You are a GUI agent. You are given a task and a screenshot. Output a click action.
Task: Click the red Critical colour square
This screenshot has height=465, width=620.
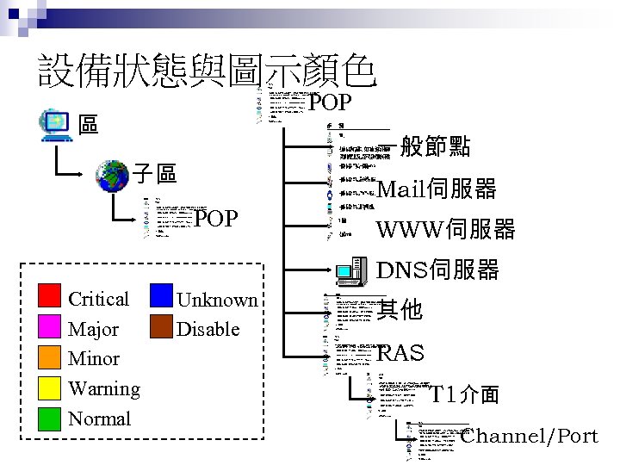pyautogui.click(x=50, y=298)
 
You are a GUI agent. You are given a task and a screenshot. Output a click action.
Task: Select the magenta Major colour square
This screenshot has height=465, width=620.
pyautogui.click(x=50, y=328)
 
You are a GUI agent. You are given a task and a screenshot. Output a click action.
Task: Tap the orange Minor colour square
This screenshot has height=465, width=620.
pyautogui.click(x=50, y=358)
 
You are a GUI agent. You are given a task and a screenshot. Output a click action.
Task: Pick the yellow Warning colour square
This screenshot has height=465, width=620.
pyautogui.click(x=50, y=388)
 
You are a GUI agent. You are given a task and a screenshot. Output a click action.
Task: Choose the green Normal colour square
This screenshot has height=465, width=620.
pyautogui.click(x=50, y=418)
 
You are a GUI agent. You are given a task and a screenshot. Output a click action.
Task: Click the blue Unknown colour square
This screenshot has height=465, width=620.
pyautogui.click(x=162, y=297)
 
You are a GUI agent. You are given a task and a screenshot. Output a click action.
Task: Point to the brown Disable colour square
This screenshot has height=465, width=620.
pyautogui.click(x=162, y=327)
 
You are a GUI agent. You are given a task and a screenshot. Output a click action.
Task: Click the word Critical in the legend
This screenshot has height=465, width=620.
pyautogui.click(x=98, y=299)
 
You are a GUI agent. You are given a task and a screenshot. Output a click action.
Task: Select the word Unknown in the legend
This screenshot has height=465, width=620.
pyautogui.click(x=217, y=300)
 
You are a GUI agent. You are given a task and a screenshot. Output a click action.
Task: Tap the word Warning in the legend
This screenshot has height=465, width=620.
pyautogui.click(x=103, y=389)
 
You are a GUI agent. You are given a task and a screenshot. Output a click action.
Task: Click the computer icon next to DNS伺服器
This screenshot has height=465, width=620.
pyautogui.click(x=353, y=270)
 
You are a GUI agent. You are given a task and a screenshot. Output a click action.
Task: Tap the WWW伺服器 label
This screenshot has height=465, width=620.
pyautogui.click(x=446, y=229)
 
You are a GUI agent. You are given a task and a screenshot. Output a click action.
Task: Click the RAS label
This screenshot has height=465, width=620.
pyautogui.click(x=400, y=353)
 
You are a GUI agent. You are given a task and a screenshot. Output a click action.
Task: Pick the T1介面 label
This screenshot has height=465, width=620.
pyautogui.click(x=465, y=395)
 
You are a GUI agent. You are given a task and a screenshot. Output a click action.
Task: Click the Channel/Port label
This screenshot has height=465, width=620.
pyautogui.click(x=530, y=436)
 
